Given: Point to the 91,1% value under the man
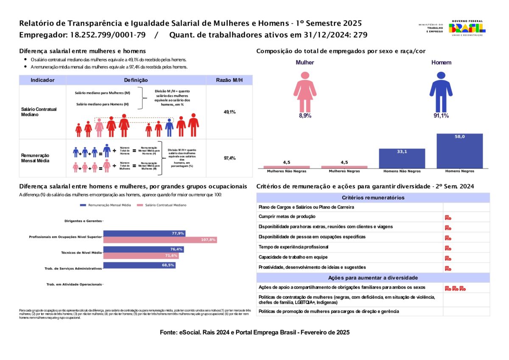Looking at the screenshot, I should tap(441, 115).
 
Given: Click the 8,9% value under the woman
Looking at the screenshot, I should tap(305, 115).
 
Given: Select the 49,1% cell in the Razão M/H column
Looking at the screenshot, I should tap(229, 112).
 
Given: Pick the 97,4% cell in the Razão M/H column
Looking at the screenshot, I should tap(229, 158).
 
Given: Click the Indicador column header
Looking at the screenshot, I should tap(42, 80).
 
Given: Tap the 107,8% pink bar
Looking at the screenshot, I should tap(160, 240).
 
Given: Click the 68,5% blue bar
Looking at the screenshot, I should tap(139, 265).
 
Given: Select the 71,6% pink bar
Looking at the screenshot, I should tap(141, 256).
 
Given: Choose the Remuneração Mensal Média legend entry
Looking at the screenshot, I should tap(106, 205).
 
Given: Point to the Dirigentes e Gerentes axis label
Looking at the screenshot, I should tap(83, 221).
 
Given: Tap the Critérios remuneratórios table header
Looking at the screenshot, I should tap(373, 197).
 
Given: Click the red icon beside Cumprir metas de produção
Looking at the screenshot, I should tap(448, 217).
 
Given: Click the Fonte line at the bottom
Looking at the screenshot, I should tap(255, 332).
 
